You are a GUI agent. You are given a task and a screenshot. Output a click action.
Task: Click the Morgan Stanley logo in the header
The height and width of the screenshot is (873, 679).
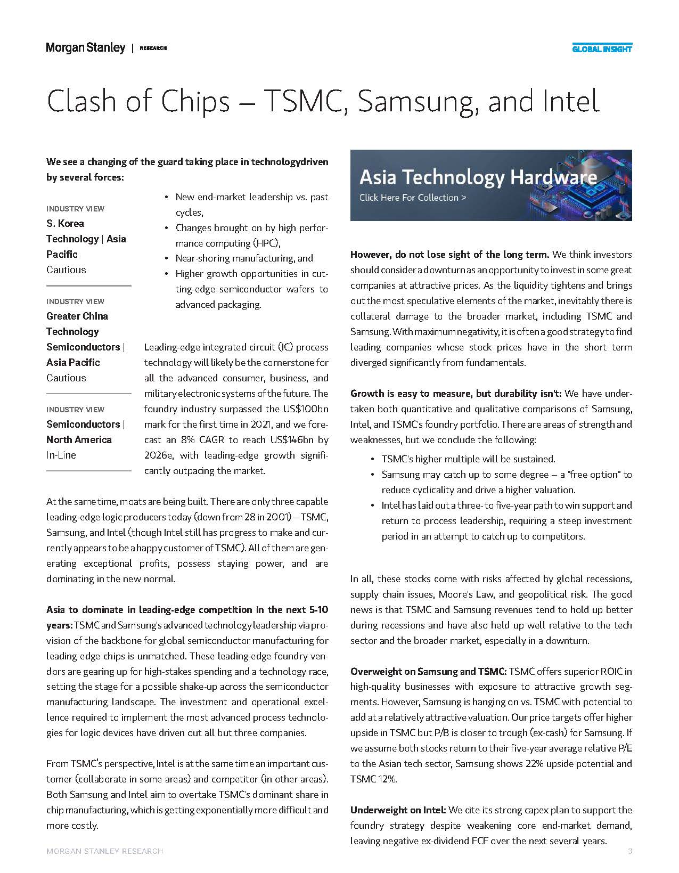pyautogui.click(x=85, y=48)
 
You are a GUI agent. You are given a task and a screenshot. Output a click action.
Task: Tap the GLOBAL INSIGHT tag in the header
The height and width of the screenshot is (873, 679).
pyautogui.click(x=602, y=49)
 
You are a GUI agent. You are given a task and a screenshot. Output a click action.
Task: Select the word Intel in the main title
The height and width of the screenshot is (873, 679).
pyautogui.click(x=570, y=101)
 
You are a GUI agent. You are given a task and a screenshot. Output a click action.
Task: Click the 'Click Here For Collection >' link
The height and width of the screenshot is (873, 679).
pyautogui.click(x=413, y=198)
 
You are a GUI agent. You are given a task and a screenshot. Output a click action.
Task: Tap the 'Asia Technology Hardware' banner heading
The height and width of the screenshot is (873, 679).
pyautogui.click(x=478, y=177)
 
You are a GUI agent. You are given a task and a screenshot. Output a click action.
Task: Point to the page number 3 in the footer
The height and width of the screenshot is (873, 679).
pyautogui.click(x=629, y=851)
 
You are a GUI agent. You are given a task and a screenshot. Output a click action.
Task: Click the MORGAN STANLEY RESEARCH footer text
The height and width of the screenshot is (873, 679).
pyautogui.click(x=104, y=851)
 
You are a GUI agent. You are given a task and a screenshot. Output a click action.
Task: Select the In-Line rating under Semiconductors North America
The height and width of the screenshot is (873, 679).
pyautogui.click(x=61, y=455)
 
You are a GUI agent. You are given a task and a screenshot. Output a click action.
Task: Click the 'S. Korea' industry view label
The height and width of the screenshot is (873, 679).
pyautogui.click(x=65, y=223)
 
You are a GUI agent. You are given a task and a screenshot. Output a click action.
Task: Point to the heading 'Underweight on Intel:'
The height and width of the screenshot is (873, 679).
pyautogui.click(x=398, y=810)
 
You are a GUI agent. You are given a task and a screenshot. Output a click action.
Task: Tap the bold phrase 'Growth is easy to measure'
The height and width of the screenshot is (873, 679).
pyautogui.click(x=401, y=394)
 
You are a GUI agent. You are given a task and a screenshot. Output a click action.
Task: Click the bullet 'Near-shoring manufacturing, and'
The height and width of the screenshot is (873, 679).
pyautogui.click(x=244, y=258)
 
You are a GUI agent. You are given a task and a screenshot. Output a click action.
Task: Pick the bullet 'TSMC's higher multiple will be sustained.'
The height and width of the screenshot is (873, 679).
pyautogui.click(x=468, y=459)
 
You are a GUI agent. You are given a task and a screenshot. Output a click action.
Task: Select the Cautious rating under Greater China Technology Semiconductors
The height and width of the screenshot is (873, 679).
pyautogui.click(x=66, y=378)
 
